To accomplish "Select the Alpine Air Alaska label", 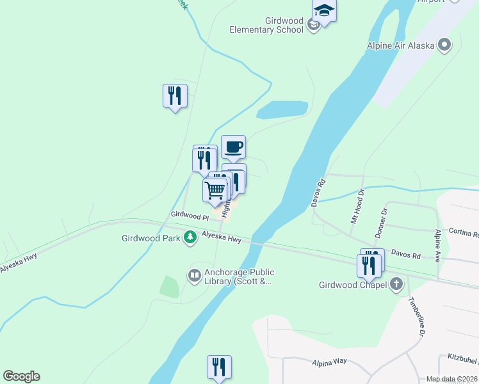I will tap(400, 45).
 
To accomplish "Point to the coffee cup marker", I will tap(233, 147).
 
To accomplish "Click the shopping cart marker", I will tap(215, 189).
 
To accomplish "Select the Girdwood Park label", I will tap(152, 239).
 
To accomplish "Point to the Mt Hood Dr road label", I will tap(356, 206).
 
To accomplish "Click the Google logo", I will tap(21, 376).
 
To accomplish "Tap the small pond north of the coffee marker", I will tap(282, 110).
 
